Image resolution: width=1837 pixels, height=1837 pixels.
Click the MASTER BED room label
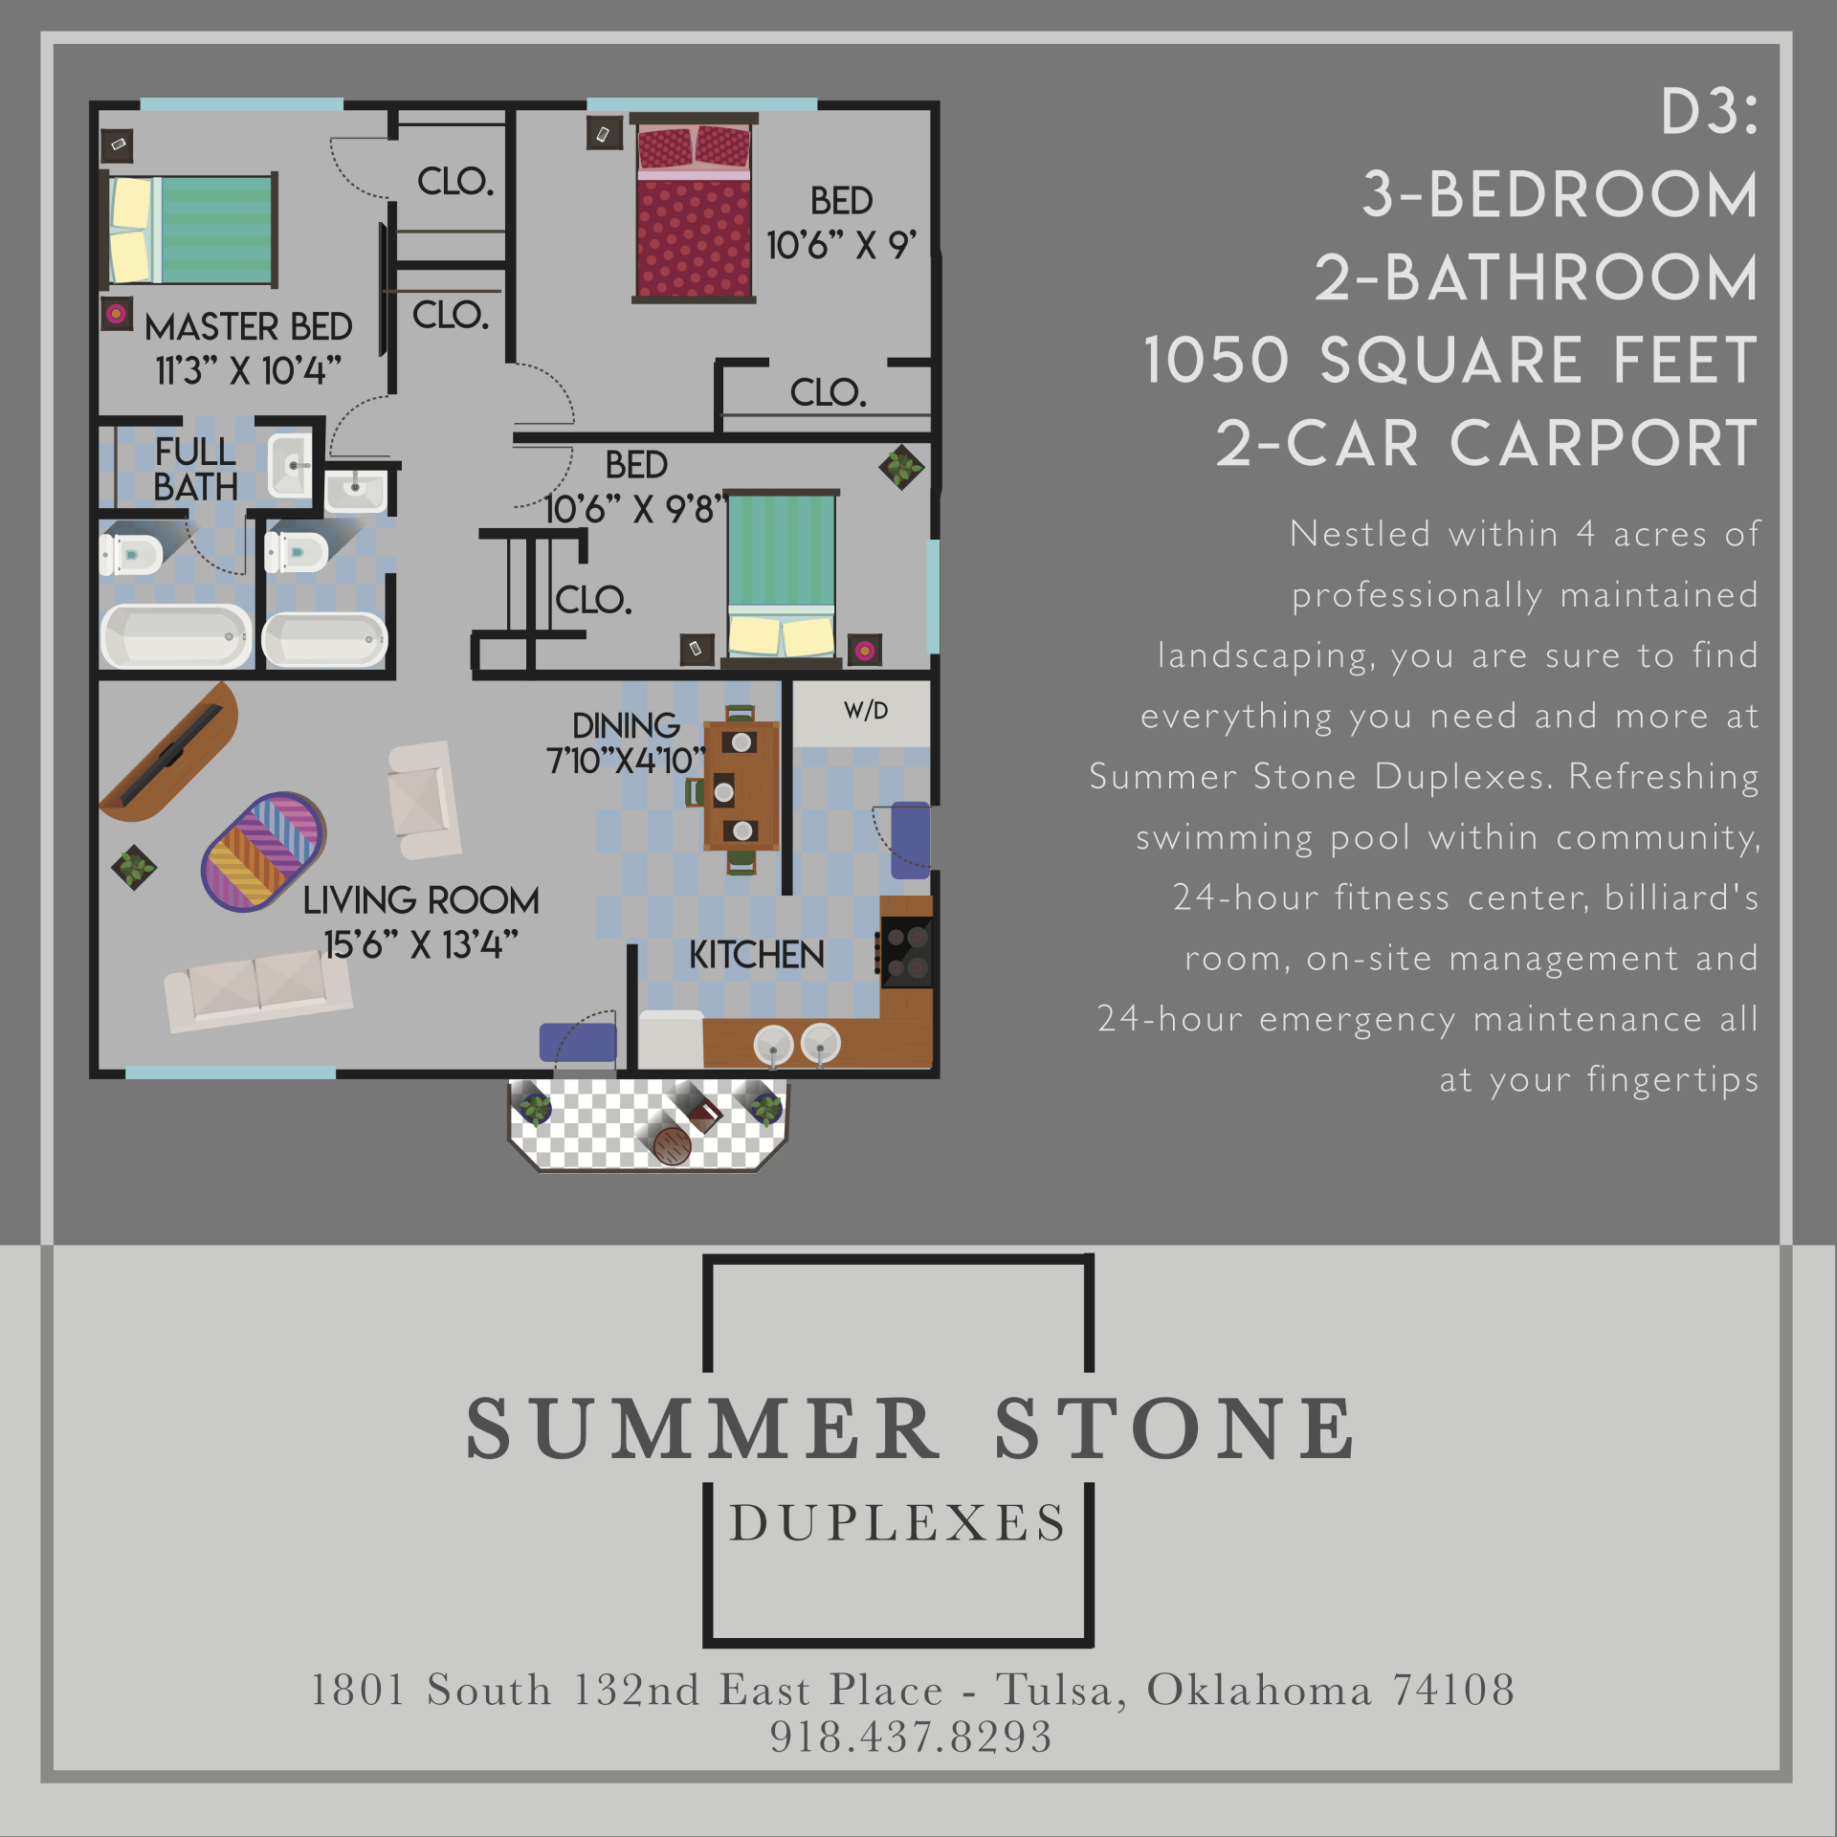[x=248, y=327]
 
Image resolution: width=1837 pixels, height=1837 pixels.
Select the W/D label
[x=866, y=711]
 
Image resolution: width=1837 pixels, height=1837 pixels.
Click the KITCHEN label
[x=756, y=955]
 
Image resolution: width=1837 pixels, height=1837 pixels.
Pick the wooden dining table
[x=741, y=786]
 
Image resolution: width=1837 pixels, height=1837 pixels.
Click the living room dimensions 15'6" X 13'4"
[x=421, y=945]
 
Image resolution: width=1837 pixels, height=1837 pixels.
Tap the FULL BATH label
[x=195, y=469]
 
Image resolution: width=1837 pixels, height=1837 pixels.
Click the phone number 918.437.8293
[x=911, y=1737]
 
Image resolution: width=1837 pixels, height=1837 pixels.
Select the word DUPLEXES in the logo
[x=897, y=1523]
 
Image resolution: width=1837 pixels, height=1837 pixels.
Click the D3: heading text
[x=1709, y=113]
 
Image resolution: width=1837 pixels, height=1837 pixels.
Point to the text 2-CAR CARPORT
[x=1486, y=444]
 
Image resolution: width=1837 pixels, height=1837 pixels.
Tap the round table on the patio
[x=672, y=1144]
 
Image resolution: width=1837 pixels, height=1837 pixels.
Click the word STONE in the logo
[x=1175, y=1429]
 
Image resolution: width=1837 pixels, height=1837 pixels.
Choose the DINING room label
[x=626, y=725]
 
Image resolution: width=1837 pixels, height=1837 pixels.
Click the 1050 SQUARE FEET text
[x=1450, y=361]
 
